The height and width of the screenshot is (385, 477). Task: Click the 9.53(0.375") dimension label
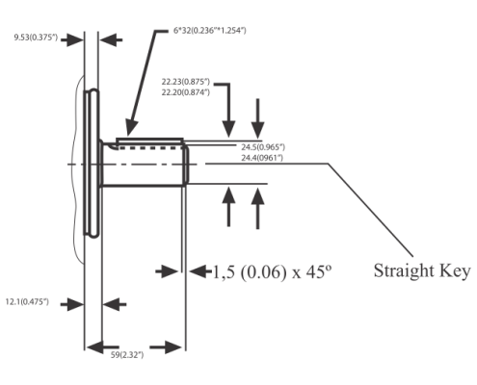click(x=36, y=38)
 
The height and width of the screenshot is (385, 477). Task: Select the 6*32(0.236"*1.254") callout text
click(x=209, y=31)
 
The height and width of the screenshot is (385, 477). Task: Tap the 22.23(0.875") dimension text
click(x=185, y=82)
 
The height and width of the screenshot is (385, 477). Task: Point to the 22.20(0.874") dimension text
click(x=185, y=92)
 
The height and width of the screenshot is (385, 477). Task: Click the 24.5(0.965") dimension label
click(x=263, y=147)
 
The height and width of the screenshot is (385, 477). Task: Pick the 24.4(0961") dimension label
click(x=262, y=158)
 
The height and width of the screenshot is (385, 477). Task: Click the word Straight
click(x=404, y=271)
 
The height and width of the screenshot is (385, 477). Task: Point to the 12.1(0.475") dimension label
click(x=27, y=302)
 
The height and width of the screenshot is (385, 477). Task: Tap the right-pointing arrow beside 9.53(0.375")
click(x=72, y=39)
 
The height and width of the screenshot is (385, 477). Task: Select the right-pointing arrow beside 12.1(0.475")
click(x=72, y=304)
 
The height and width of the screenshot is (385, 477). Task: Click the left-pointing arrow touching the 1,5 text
click(x=200, y=271)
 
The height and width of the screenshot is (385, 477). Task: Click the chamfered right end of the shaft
click(x=187, y=166)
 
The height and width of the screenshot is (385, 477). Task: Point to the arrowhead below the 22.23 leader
click(x=228, y=129)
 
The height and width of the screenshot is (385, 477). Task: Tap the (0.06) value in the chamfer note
click(x=263, y=272)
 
